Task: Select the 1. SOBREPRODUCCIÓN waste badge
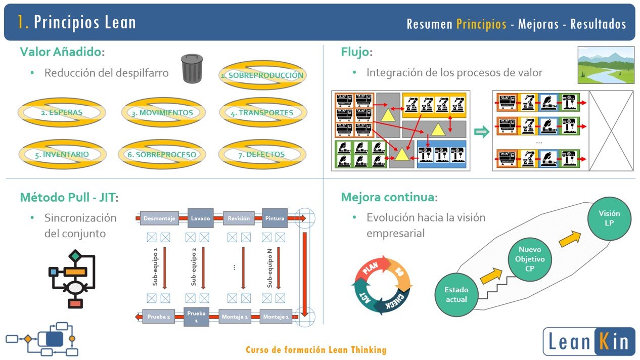tap(263, 75)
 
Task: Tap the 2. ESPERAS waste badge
tap(62, 113)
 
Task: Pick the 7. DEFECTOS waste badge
tap(262, 155)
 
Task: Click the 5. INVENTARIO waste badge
tap(62, 155)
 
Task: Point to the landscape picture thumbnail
tap(606, 65)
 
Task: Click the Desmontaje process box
tap(160, 218)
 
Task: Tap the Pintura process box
tap(275, 218)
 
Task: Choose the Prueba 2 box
tap(159, 317)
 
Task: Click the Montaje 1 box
tap(276, 317)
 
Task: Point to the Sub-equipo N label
tap(269, 267)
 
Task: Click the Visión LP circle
tap(609, 218)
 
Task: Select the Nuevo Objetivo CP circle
tap(530, 259)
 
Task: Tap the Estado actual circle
tap(456, 295)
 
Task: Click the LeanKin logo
tap(589, 341)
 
